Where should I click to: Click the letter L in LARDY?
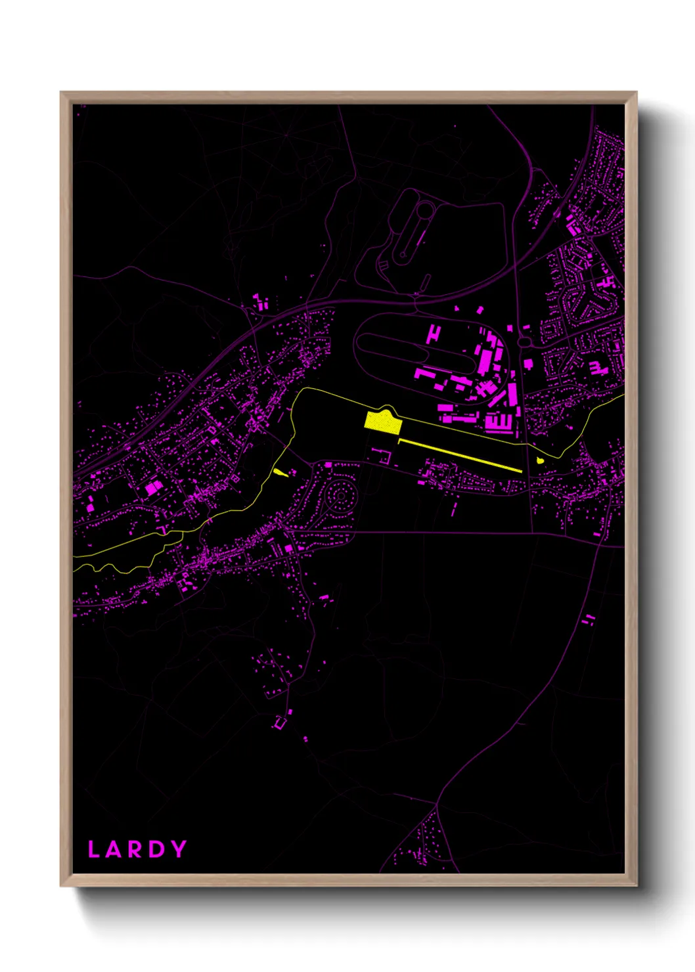(93, 849)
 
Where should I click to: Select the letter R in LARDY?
(135, 849)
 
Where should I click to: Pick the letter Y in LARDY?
(178, 849)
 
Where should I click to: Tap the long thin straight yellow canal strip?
(460, 455)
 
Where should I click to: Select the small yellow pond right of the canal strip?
(540, 460)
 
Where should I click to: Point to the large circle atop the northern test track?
(425, 210)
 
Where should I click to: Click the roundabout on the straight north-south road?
(524, 342)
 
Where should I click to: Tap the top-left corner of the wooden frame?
(61, 93)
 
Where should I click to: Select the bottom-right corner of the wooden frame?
(636, 885)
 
